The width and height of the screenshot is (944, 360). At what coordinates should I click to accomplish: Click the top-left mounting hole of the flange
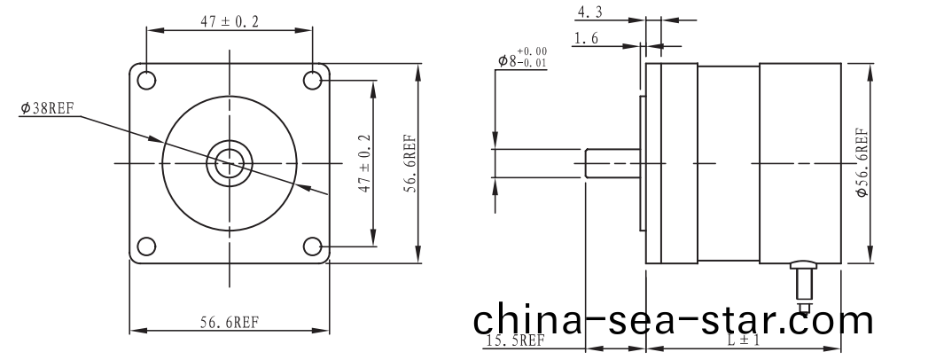click(146, 79)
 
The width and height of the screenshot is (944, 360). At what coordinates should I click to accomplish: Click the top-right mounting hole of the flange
click(312, 80)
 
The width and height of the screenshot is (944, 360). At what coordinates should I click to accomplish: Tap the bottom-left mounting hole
click(146, 246)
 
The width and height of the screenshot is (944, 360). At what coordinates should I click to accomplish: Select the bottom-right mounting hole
click(312, 246)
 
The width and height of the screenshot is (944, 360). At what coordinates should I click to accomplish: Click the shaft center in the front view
click(230, 162)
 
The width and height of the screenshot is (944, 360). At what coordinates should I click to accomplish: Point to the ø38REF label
click(47, 109)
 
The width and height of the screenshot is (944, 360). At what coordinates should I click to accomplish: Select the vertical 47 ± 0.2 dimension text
click(363, 163)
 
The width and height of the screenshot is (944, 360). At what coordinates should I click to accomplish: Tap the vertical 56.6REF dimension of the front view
click(409, 163)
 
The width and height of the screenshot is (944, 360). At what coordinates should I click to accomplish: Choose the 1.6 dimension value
click(587, 38)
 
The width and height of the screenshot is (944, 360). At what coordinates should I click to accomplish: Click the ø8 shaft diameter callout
click(522, 59)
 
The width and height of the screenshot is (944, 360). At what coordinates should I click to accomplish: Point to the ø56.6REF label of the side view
click(861, 163)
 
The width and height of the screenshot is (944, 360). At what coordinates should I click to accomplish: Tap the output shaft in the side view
click(612, 163)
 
